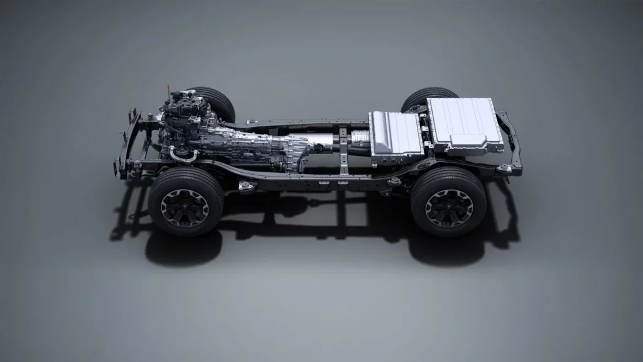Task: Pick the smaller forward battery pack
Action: point(396,134)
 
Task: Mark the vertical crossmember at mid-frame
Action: point(343,151)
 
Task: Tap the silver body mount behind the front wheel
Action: point(246,186)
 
